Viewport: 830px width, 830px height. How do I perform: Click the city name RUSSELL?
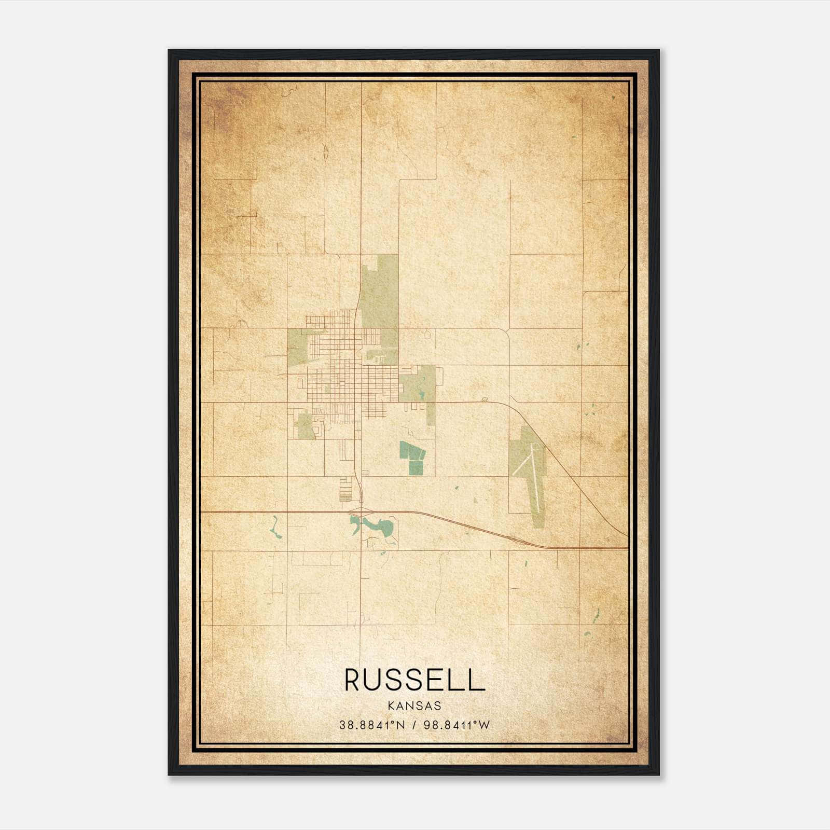[x=414, y=680]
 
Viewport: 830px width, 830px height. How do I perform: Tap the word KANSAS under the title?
[x=414, y=706]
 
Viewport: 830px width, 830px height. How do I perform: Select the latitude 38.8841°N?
[x=372, y=725]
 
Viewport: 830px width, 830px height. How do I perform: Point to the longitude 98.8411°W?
[x=457, y=725]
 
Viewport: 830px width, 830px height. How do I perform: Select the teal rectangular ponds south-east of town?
[x=412, y=459]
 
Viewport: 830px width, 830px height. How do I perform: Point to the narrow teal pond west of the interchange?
[x=274, y=529]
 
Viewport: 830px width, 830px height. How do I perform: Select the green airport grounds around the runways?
[x=527, y=457]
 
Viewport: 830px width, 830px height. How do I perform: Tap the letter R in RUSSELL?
[x=353, y=680]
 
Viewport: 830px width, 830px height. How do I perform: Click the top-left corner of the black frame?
[x=170, y=51]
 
